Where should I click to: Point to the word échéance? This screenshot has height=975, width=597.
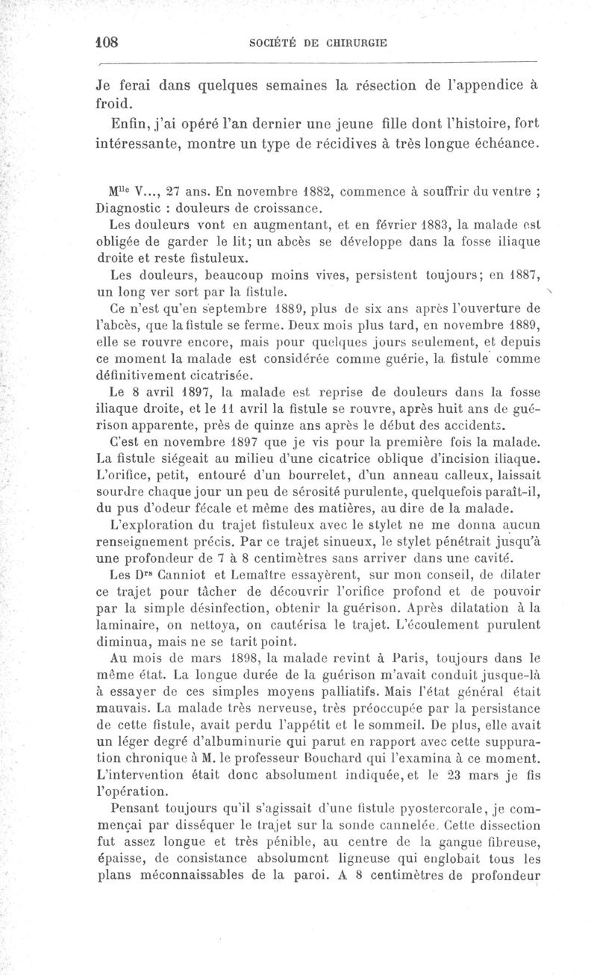coord(502,141)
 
